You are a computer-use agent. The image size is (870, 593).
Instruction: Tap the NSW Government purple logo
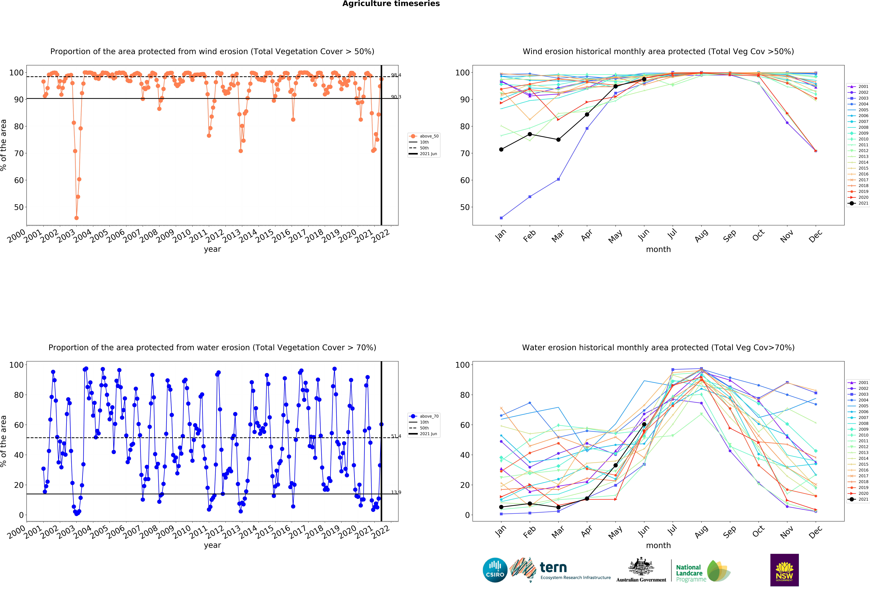click(784, 570)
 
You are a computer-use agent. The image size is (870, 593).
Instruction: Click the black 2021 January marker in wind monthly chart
click(501, 149)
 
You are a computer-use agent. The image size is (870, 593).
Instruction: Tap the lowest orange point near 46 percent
click(76, 218)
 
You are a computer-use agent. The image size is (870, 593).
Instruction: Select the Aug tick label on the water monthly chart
click(701, 532)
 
